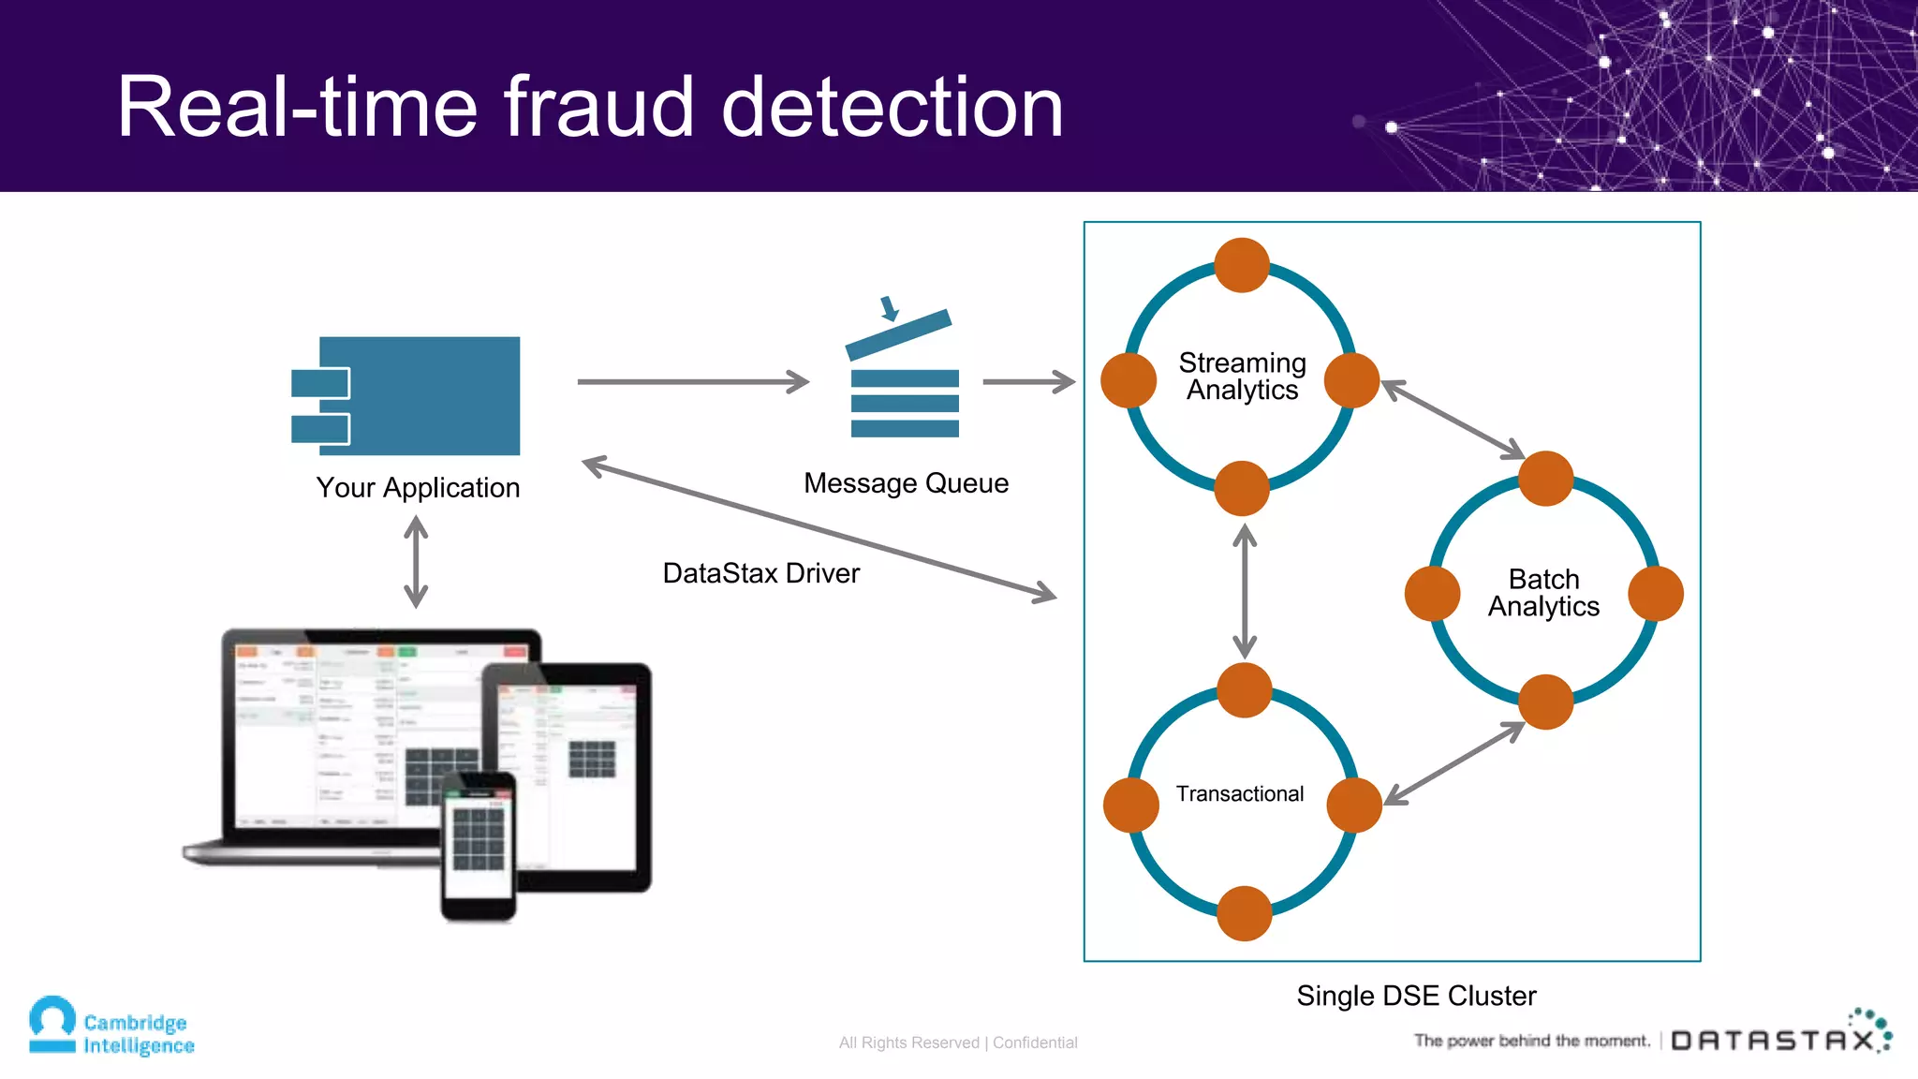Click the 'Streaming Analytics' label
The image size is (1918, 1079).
coord(1242,376)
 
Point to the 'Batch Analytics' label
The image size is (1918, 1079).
coord(1543,593)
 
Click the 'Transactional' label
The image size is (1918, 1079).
coord(1240,794)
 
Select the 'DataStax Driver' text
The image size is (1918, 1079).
coord(760,573)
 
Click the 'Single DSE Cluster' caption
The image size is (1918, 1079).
coord(1416,996)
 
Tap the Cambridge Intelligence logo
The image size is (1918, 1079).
coord(111,1027)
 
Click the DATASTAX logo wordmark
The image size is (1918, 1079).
coord(1773,1041)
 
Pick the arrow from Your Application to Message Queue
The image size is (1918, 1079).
coord(693,382)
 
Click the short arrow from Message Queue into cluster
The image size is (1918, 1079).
coord(1028,382)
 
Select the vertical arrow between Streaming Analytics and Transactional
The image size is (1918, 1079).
coord(1244,590)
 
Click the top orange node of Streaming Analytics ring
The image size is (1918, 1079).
coord(1242,265)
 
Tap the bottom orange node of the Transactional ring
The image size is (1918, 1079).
coord(1244,913)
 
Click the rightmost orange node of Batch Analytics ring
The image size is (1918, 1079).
coord(1655,593)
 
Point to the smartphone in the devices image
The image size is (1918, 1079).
coord(479,845)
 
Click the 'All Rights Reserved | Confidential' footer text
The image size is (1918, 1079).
coord(958,1042)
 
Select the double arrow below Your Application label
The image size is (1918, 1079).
coord(416,563)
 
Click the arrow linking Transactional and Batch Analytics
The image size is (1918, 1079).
coord(1454,763)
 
